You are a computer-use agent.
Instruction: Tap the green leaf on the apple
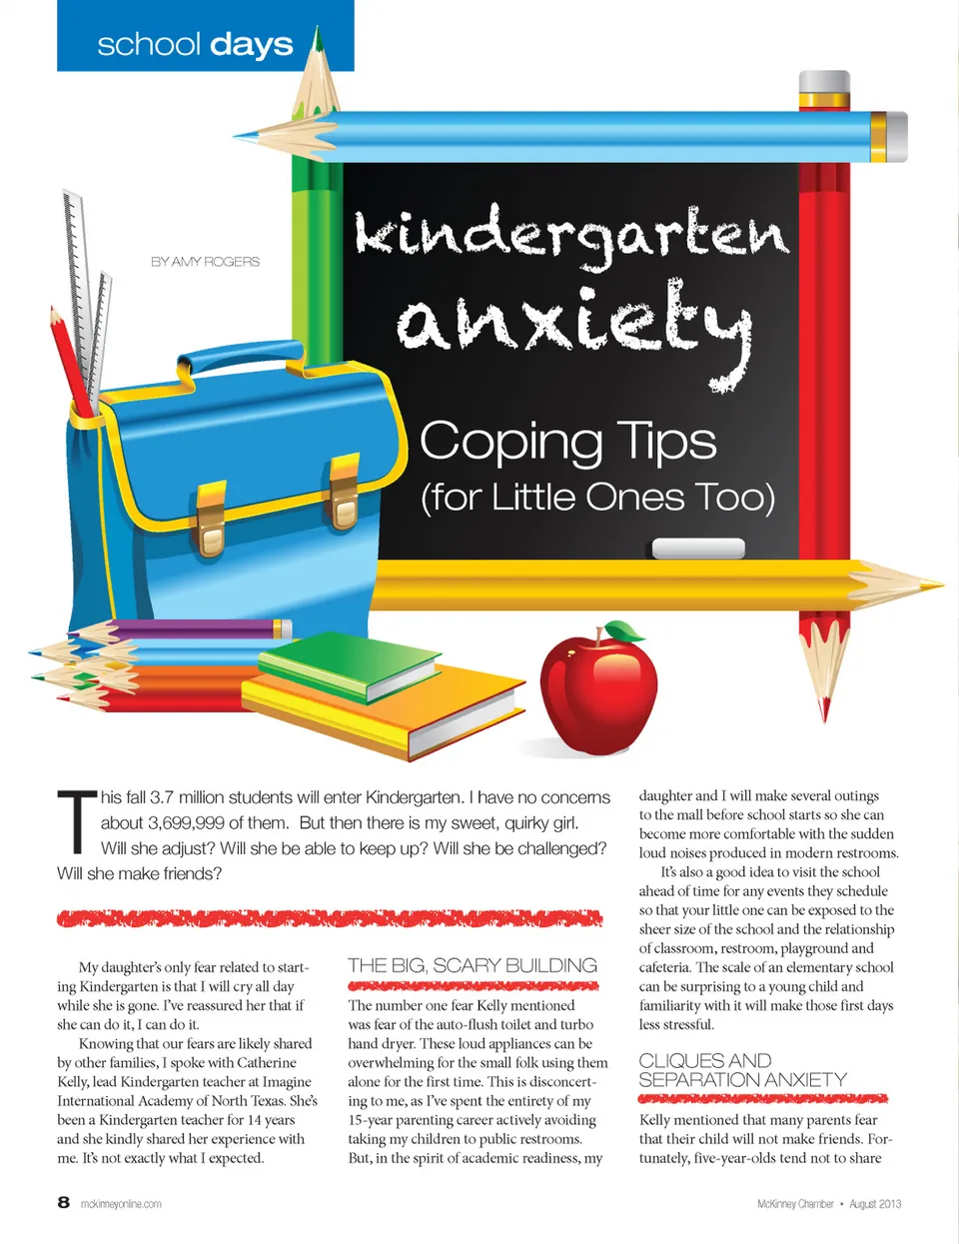(625, 631)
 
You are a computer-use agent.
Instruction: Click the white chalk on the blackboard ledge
(698, 548)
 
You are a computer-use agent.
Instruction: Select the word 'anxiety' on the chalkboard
(574, 325)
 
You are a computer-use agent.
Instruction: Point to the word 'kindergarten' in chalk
(571, 235)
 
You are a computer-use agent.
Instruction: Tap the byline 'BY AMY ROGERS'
(205, 262)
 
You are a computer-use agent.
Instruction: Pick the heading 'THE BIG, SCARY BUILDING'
(473, 965)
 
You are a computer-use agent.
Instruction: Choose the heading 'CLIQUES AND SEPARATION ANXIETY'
(742, 1070)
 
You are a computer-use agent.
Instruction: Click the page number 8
(64, 1202)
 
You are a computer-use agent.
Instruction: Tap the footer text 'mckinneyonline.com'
(121, 1204)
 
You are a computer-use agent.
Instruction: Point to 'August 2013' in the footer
(875, 1204)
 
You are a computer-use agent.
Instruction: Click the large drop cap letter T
(76, 822)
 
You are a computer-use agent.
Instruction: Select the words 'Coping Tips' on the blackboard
(567, 441)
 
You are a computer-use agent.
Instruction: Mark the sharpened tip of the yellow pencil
(934, 585)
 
